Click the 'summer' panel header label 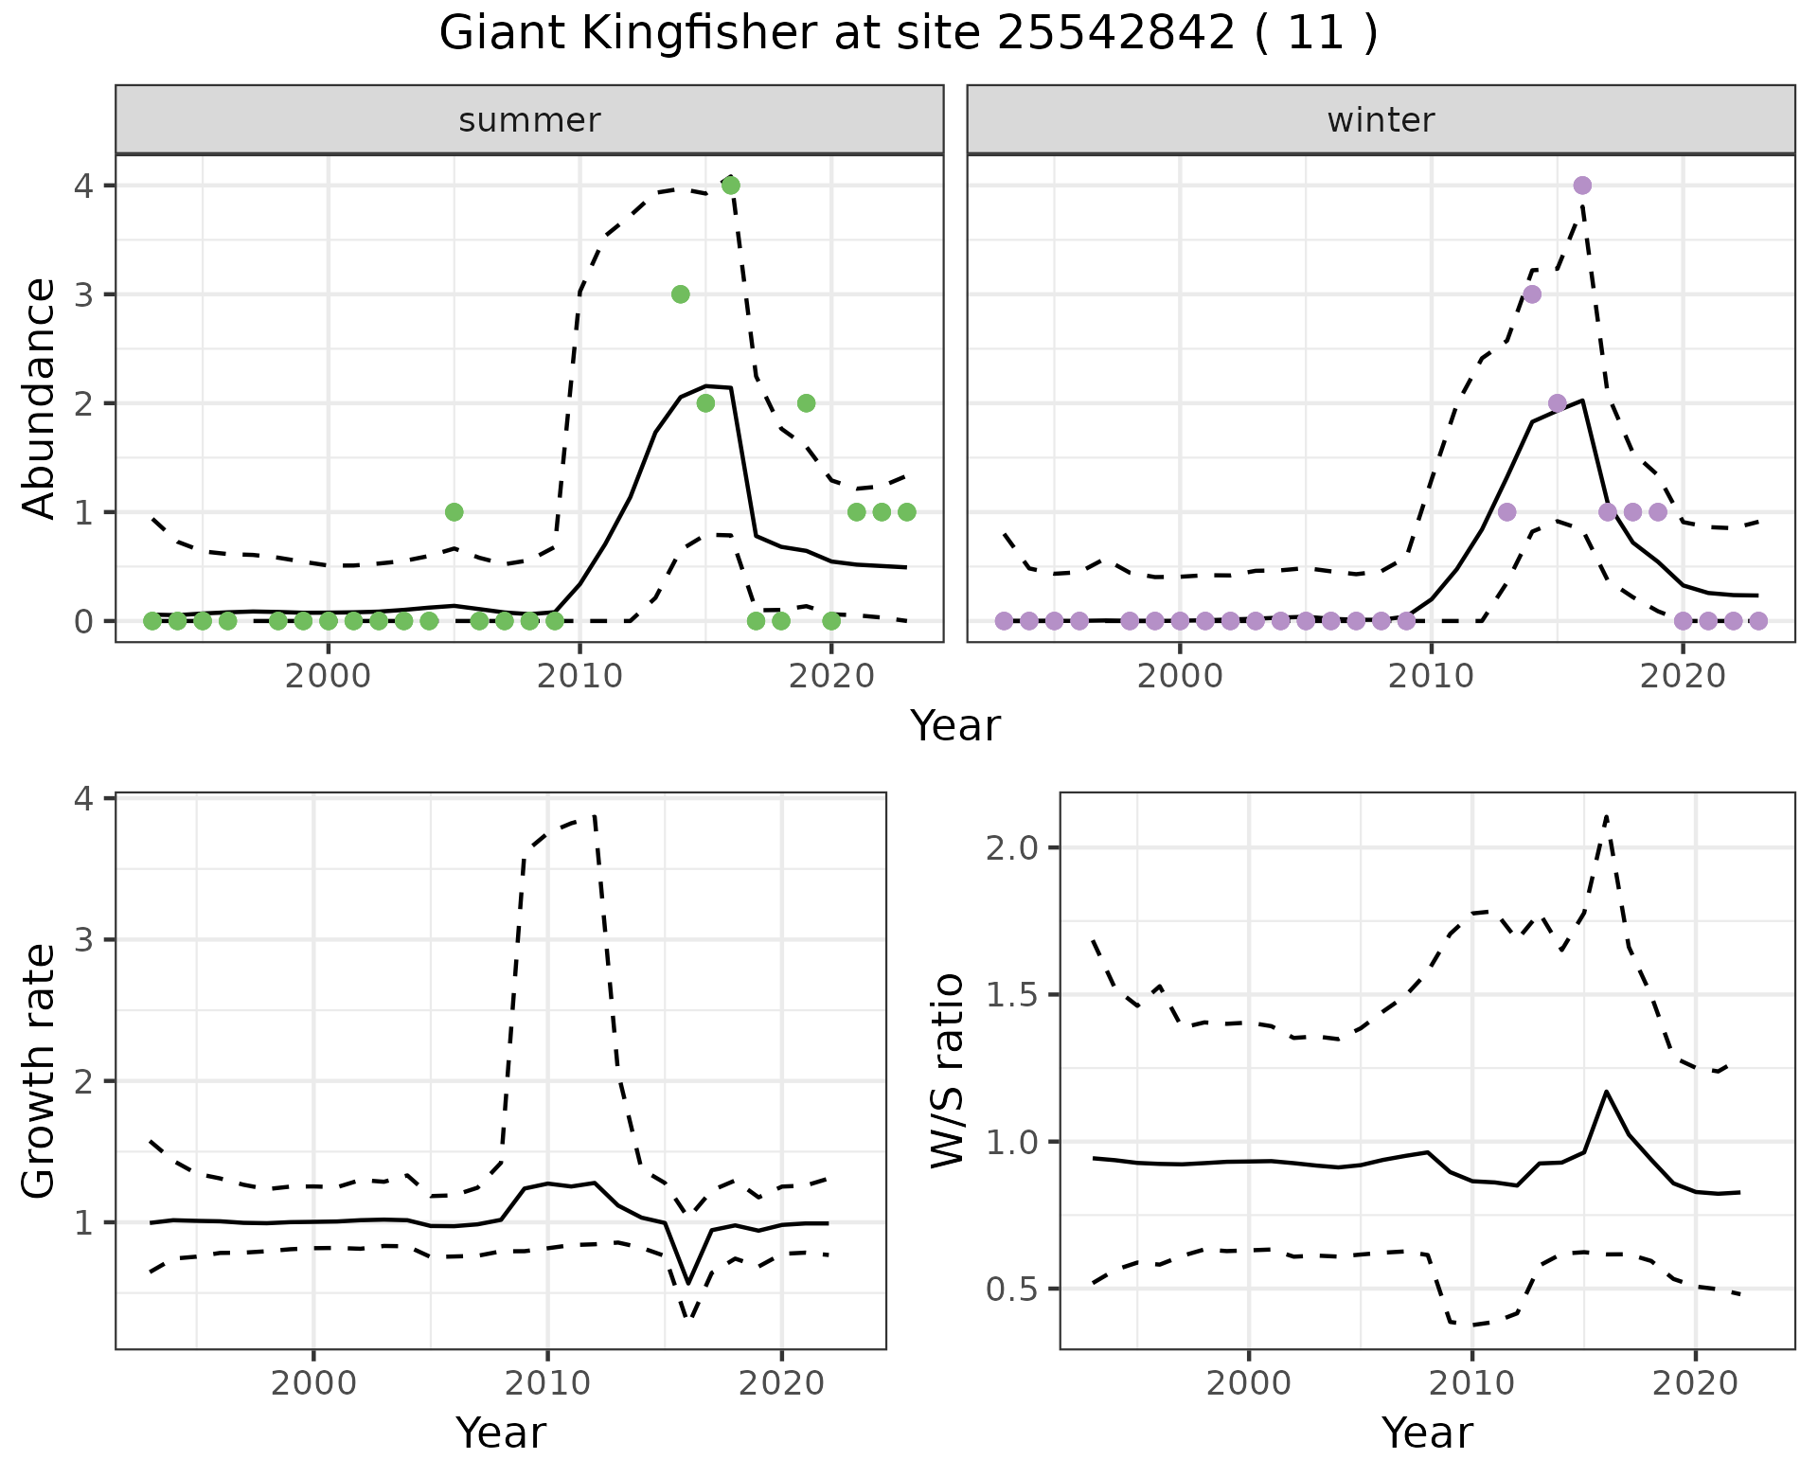click(529, 120)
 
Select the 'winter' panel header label click(1381, 120)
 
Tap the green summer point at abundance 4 click(730, 186)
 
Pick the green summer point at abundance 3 click(680, 294)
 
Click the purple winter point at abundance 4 click(1582, 186)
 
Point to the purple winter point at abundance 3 click(1532, 294)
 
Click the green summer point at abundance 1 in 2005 click(454, 512)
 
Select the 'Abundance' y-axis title click(40, 398)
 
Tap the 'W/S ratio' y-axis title click(948, 1071)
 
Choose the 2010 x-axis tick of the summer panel click(579, 677)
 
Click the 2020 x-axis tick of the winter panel click(1683, 677)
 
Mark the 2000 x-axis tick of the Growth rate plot click(313, 1383)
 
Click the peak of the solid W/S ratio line click(1606, 1092)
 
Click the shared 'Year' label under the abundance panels click(954, 726)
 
